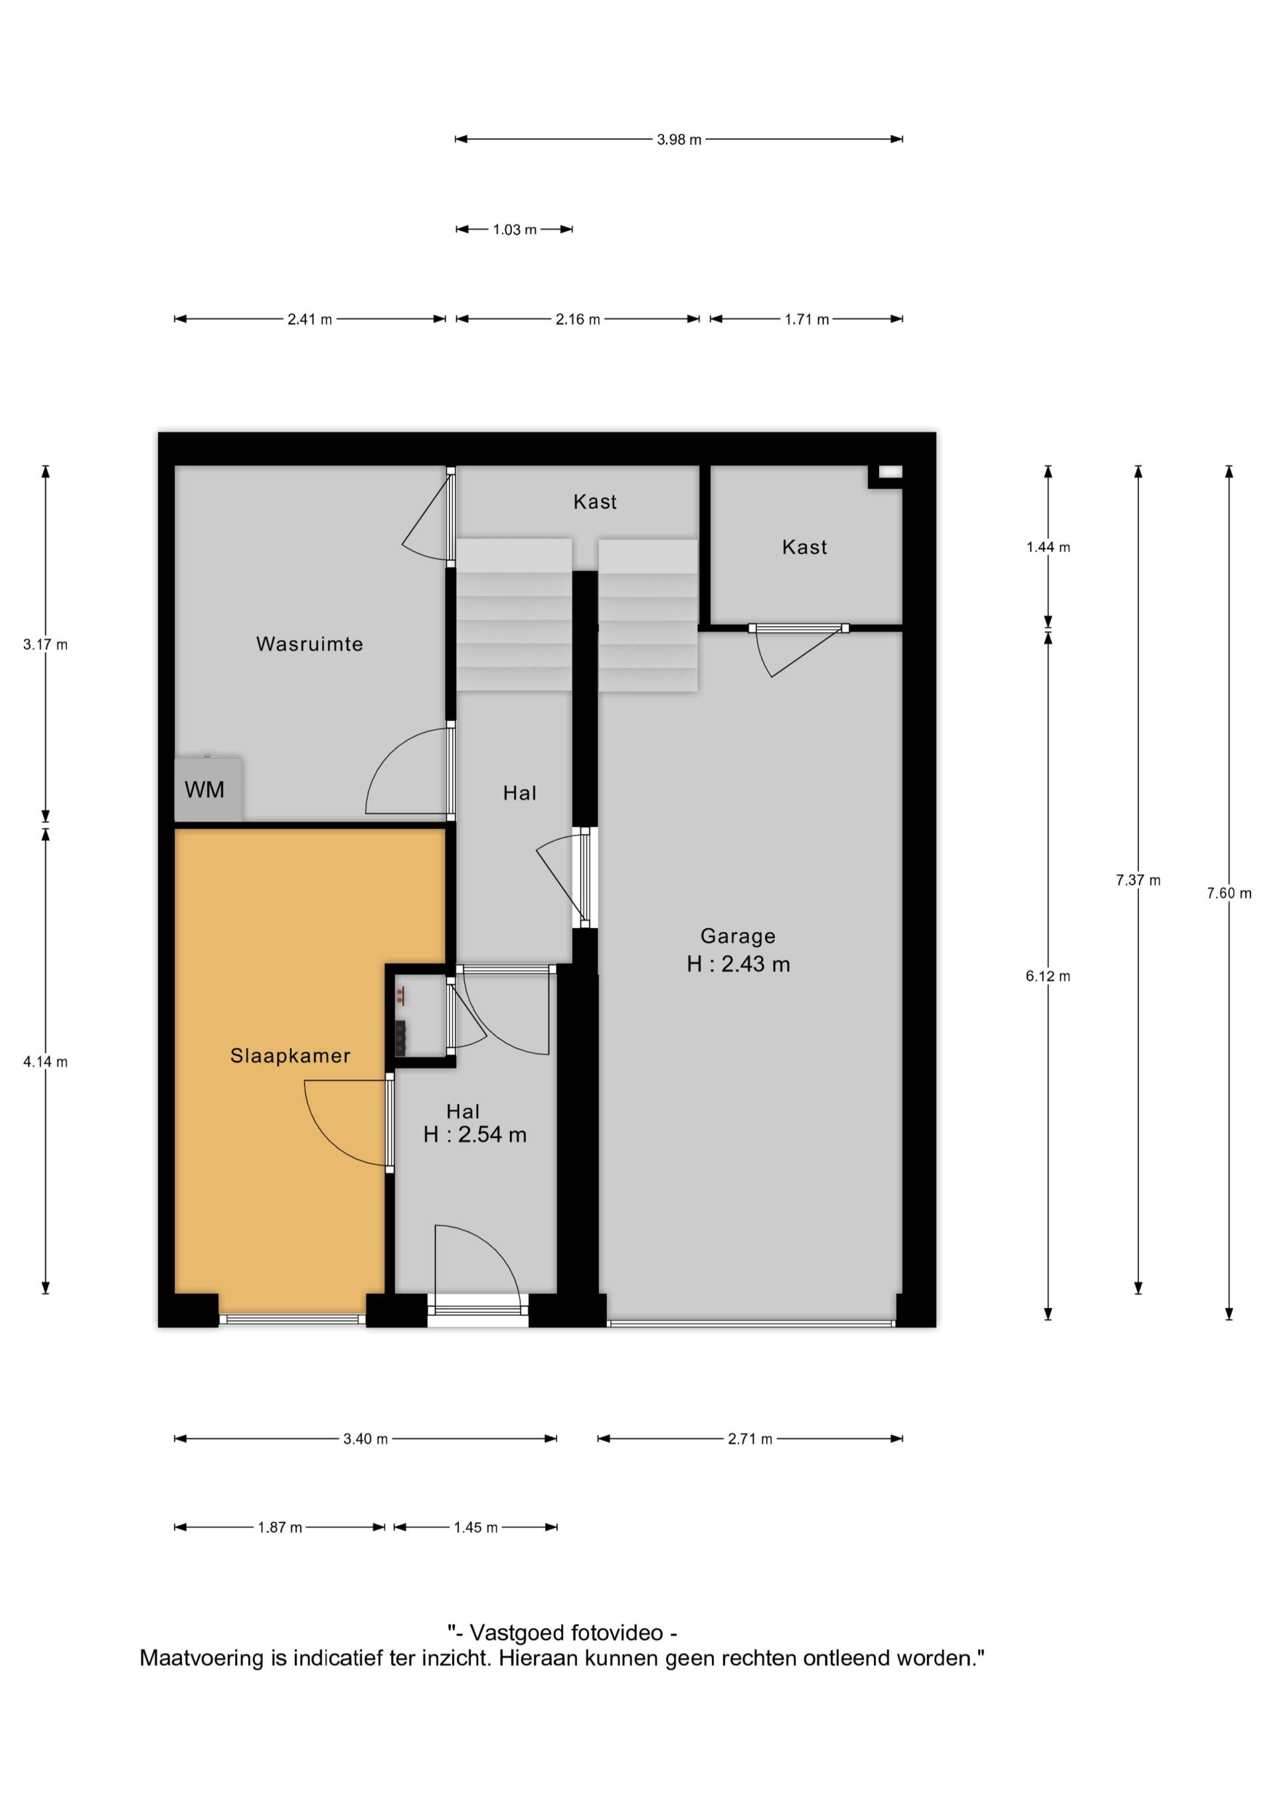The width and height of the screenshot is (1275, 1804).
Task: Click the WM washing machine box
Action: click(x=207, y=789)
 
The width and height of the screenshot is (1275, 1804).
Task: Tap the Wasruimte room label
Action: click(x=309, y=644)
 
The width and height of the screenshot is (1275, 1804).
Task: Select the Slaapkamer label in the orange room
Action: click(x=290, y=1056)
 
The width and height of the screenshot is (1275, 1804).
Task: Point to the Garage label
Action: click(x=738, y=936)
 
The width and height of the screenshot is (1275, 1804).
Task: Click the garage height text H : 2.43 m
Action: click(x=738, y=964)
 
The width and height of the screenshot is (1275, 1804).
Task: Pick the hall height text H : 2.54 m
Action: click(x=475, y=1134)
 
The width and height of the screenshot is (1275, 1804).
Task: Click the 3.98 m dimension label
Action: click(x=679, y=140)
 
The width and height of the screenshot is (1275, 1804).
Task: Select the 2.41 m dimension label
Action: click(x=309, y=319)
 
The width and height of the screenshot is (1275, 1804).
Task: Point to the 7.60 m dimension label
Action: click(x=1229, y=893)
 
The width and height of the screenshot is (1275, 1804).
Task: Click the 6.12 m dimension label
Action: click(x=1048, y=976)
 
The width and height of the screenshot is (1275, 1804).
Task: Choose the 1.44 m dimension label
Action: click(x=1048, y=547)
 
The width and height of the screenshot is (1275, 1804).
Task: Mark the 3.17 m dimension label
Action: click(x=46, y=645)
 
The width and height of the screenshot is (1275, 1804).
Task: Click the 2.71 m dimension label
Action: click(x=750, y=1439)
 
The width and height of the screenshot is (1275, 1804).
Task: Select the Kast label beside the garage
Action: click(x=804, y=547)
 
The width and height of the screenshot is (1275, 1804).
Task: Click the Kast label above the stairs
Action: click(x=595, y=501)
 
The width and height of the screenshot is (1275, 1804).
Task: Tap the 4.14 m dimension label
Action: click(x=46, y=1062)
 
